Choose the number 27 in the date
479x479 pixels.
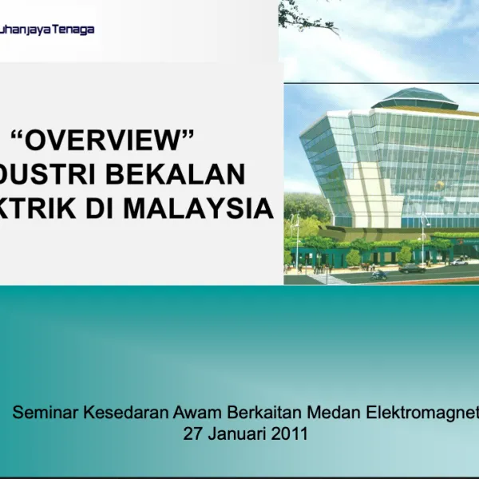pyautogui.click(x=193, y=434)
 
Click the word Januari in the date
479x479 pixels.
pyautogui.click(x=236, y=434)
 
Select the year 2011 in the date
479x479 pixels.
pyautogui.click(x=289, y=434)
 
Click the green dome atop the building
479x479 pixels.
pyautogui.click(x=414, y=99)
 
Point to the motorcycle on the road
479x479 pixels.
pyautogui.click(x=378, y=275)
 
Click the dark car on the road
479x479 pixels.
pyautogui.click(x=412, y=268)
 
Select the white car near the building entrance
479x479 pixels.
pyautogui.click(x=460, y=261)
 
